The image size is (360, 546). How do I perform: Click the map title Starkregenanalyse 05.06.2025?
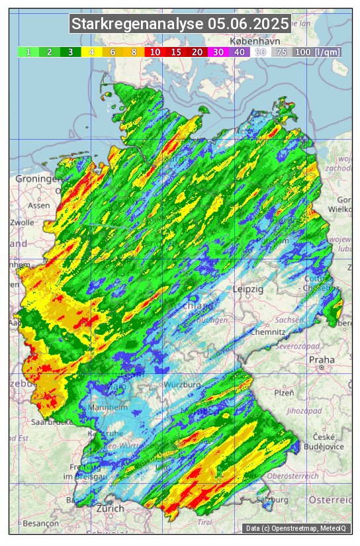click(180, 24)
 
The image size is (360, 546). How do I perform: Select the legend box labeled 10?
click(155, 52)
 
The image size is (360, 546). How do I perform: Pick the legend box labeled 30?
click(218, 52)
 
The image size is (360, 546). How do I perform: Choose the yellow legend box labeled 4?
click(91, 52)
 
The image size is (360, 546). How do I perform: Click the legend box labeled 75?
click(281, 52)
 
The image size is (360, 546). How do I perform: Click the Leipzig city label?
click(248, 289)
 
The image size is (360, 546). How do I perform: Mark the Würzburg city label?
click(183, 385)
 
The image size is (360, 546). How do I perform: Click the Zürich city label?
click(110, 508)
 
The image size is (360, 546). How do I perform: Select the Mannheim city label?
click(110, 408)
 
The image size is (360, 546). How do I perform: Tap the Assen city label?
click(39, 205)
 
